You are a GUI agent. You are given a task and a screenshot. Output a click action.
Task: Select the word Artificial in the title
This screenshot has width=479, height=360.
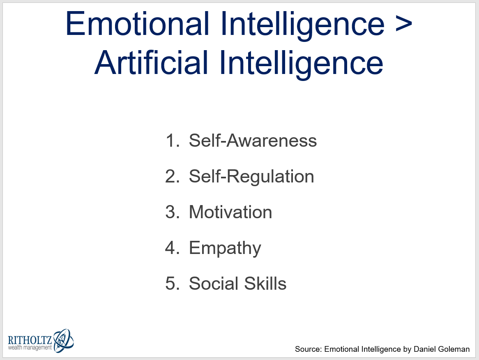(x=152, y=62)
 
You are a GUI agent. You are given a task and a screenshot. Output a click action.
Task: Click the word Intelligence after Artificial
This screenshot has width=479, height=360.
(x=301, y=63)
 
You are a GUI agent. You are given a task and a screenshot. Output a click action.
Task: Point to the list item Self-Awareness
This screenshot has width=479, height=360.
(x=253, y=141)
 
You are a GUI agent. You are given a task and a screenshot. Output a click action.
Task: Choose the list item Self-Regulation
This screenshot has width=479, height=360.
(x=251, y=177)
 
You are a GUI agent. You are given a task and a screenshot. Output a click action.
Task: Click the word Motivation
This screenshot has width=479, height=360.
(x=230, y=212)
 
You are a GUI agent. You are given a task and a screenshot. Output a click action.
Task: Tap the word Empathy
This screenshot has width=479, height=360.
(x=225, y=248)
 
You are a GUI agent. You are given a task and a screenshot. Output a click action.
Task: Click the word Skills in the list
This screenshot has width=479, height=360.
(x=265, y=283)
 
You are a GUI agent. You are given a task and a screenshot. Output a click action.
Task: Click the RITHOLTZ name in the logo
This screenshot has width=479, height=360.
(x=30, y=340)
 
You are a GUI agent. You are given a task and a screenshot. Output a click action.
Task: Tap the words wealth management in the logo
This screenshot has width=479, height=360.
(x=30, y=348)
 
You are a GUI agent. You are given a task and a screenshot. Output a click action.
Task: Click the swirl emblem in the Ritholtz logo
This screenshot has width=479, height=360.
(x=64, y=340)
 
